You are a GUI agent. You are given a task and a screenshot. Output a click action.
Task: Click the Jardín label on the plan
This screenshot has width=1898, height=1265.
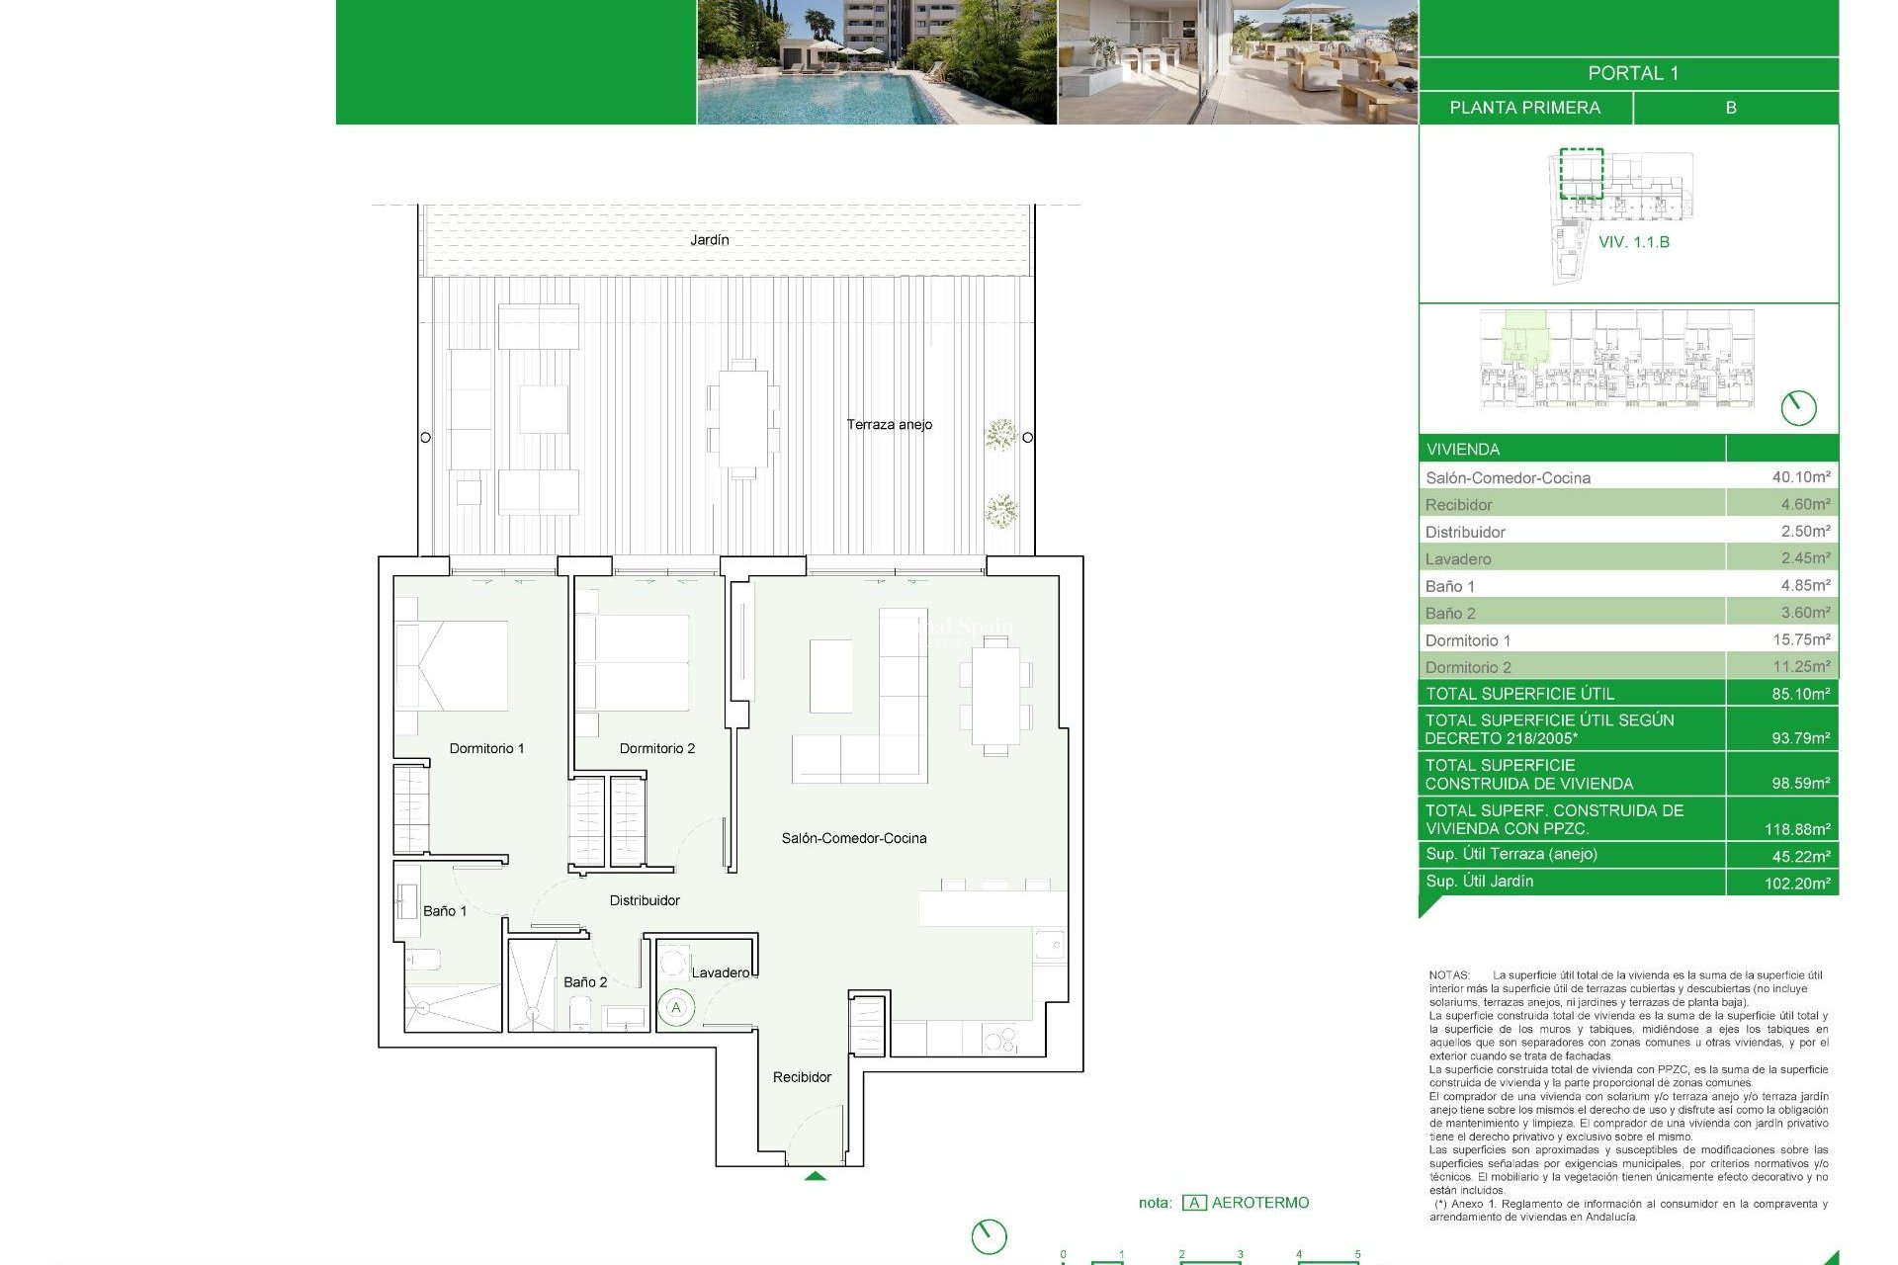[x=709, y=240]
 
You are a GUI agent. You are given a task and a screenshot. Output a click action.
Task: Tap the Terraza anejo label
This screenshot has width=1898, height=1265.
[x=889, y=425]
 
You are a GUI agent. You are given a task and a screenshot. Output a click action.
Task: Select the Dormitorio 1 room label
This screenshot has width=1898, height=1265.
[x=486, y=749]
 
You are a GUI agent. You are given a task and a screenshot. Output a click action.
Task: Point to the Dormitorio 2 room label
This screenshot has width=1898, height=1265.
[x=656, y=749]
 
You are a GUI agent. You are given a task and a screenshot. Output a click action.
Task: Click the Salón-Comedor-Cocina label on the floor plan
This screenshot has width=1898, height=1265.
[x=854, y=839]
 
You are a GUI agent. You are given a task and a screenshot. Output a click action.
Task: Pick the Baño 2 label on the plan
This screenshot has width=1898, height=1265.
[x=585, y=982]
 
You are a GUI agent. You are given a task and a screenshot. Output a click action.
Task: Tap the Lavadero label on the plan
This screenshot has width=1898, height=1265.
[x=721, y=973]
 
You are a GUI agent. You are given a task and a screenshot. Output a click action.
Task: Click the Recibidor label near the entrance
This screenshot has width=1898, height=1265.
[x=802, y=1077]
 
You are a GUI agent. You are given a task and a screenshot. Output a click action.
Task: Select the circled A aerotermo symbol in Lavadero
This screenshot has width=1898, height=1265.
[x=676, y=1008]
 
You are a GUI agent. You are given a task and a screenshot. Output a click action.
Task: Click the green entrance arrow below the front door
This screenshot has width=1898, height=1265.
[x=815, y=1176]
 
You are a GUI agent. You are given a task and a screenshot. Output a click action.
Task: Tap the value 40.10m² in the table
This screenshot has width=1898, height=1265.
[x=1800, y=477]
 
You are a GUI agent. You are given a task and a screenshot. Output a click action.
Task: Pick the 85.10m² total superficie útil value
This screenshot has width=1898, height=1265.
[x=1800, y=694]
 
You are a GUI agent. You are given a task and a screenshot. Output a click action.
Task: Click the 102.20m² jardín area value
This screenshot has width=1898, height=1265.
[x=1796, y=884]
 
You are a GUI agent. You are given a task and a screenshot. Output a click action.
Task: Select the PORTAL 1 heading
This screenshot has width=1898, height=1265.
[x=1632, y=74]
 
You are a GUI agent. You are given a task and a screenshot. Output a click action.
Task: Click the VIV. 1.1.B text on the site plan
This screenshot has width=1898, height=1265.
[x=1633, y=242]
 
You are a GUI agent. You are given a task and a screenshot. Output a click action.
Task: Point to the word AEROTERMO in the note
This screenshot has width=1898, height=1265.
[x=1259, y=1203]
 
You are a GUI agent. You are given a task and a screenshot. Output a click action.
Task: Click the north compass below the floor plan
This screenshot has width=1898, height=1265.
[x=989, y=1236]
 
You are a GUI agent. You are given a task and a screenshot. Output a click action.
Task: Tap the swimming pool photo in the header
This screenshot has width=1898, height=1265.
[x=876, y=61]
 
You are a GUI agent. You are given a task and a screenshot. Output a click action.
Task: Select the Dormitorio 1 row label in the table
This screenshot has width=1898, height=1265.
[x=1467, y=640]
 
